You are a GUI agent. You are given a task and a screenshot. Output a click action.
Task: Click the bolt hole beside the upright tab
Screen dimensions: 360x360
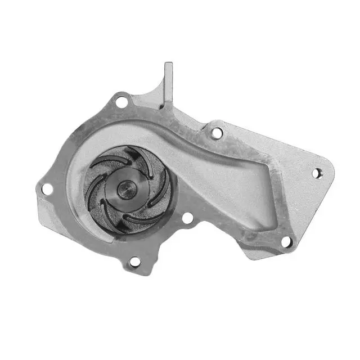tap(121, 102)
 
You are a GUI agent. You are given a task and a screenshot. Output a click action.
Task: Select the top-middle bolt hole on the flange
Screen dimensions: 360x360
tap(217, 133)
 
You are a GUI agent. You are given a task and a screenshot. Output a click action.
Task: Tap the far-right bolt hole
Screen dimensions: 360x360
tap(317, 173)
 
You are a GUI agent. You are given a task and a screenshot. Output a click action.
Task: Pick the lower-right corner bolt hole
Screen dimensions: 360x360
tap(286, 242)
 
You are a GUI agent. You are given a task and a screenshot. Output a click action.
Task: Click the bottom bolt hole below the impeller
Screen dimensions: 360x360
tap(135, 262)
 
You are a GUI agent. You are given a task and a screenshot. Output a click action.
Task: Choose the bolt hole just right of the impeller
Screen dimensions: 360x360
tap(188, 218)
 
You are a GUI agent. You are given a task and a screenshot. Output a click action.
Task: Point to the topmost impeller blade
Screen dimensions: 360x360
tap(135, 155)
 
